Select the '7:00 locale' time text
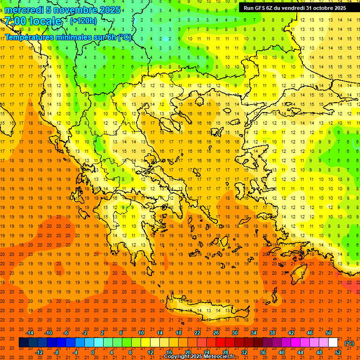click(33, 21)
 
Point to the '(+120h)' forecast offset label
click(83, 21)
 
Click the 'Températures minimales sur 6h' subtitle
click(68, 37)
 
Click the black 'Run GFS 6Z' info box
click(295, 7)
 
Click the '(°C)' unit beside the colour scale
click(349, 343)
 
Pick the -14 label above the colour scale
click(30, 333)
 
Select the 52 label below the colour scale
click(337, 352)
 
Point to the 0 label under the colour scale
click(93, 352)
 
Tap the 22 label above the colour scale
click(197, 333)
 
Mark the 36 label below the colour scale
click(262, 352)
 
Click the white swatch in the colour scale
click(333, 343)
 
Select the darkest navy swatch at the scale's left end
click(23, 343)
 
